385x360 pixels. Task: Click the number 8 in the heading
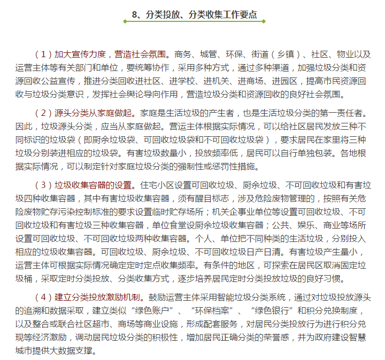[134, 15]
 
